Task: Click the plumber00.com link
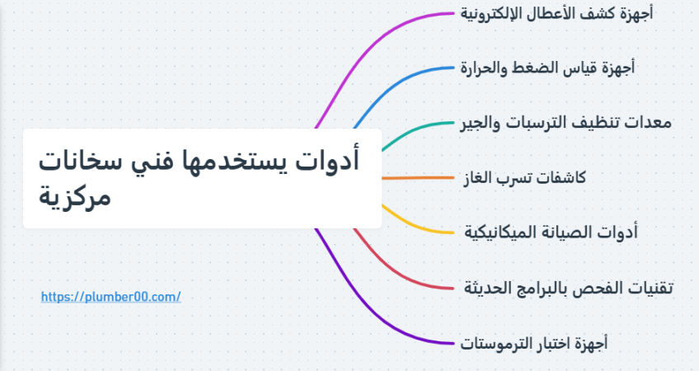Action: click(x=111, y=297)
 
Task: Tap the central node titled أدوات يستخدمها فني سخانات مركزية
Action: click(x=203, y=178)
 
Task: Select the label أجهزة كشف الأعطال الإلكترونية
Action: click(x=556, y=13)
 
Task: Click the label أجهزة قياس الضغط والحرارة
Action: click(x=547, y=68)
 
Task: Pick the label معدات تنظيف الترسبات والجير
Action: click(x=565, y=123)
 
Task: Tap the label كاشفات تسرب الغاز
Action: click(x=525, y=178)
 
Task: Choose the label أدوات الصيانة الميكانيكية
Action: click(x=551, y=232)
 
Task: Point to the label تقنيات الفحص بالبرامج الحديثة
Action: click(x=569, y=288)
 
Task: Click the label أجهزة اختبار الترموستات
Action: click(x=534, y=343)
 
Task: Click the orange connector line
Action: click(x=418, y=178)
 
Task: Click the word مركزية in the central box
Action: click(x=74, y=197)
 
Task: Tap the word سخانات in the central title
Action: click(x=80, y=162)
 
